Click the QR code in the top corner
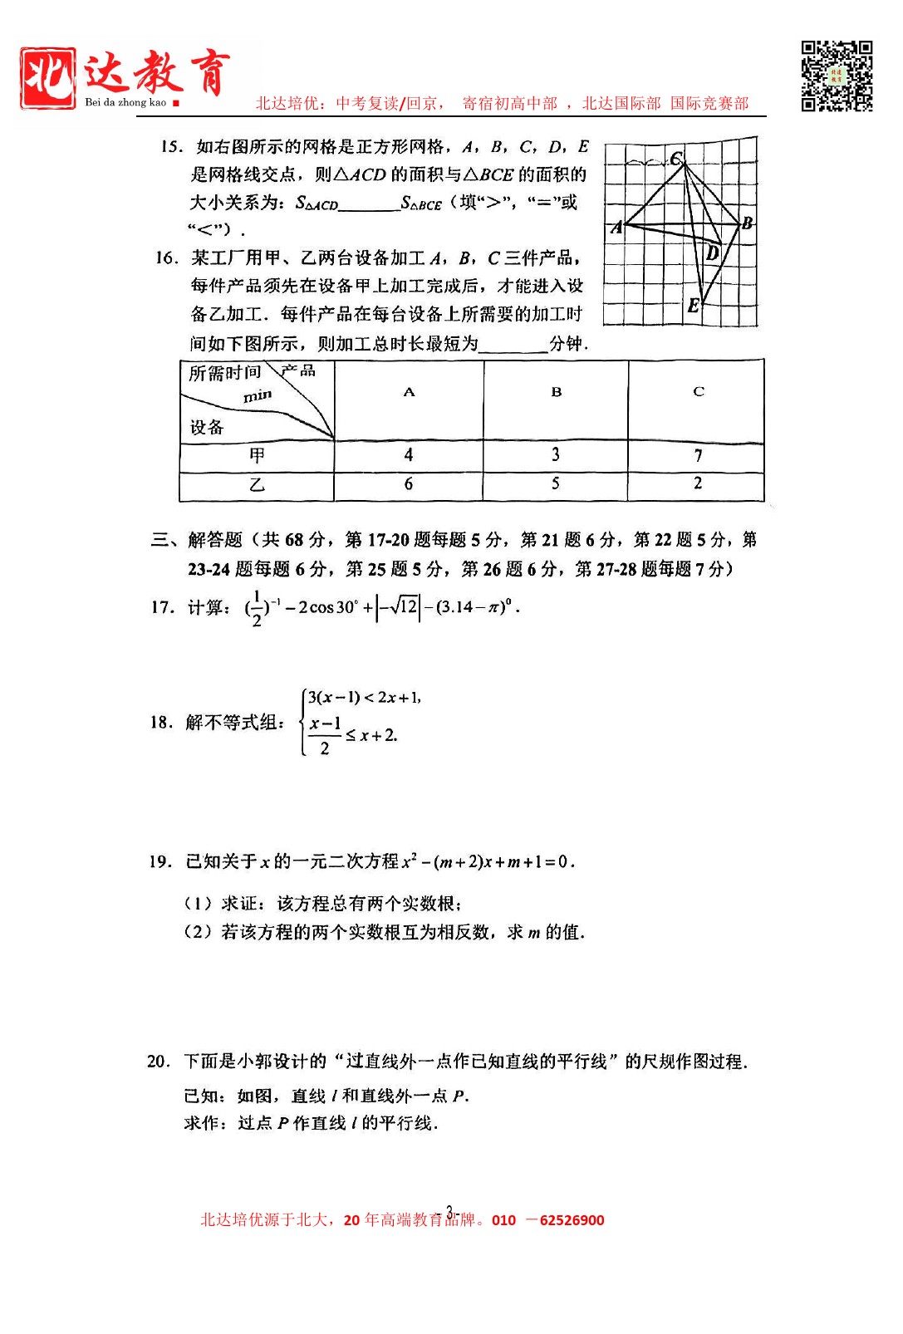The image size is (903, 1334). coord(837,76)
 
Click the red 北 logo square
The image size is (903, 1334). coord(48,77)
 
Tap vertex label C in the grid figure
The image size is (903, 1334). coord(676,158)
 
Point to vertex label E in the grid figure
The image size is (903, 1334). coord(694,306)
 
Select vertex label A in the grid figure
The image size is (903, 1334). coord(616,227)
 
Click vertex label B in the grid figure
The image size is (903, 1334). coord(747,223)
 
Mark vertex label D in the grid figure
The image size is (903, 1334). coord(712,253)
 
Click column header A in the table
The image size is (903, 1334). coord(409,392)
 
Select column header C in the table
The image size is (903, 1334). coord(698,391)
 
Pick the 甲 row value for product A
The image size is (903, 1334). coord(409,455)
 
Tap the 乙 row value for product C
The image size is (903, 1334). coord(698,483)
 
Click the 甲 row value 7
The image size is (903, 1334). coord(698,455)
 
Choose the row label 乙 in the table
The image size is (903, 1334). coord(257,485)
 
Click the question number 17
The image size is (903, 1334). coord(162,607)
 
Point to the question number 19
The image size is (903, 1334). coord(160,861)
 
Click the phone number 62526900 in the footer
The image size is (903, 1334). coord(572,1220)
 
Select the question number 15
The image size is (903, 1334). coord(172,147)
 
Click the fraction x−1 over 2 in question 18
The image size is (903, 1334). coord(325,736)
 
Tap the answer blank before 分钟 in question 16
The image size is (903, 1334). coord(513,344)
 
